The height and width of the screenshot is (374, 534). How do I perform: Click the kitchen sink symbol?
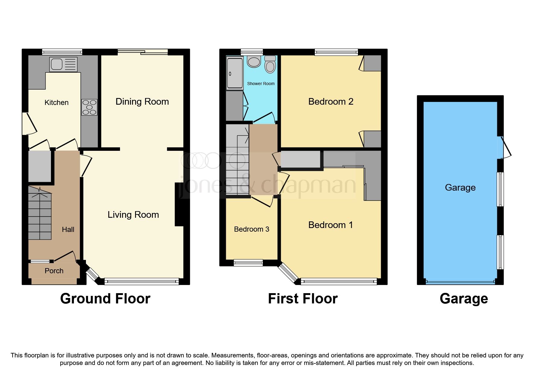[x=63, y=64]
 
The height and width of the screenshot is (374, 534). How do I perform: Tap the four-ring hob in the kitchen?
[x=89, y=107]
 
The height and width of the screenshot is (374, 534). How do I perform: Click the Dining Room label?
[x=142, y=102]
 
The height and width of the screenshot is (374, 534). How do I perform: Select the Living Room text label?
[x=133, y=215]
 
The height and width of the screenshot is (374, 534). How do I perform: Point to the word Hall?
[x=68, y=230]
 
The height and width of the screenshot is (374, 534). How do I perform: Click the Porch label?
[x=54, y=271]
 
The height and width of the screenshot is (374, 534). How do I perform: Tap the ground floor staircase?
[x=40, y=213]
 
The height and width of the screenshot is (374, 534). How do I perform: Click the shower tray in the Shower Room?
[x=235, y=74]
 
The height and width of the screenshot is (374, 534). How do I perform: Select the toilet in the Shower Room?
[x=270, y=64]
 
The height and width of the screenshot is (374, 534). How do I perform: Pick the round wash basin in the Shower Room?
[x=254, y=62]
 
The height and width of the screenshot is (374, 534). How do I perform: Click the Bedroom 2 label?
[x=330, y=102]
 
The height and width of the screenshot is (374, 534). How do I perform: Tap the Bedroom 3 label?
[x=251, y=229]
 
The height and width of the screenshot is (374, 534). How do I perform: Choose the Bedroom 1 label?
[x=330, y=225]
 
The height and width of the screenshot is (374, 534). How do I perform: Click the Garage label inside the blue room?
[x=460, y=188]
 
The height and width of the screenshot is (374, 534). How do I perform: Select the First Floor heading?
[x=303, y=299]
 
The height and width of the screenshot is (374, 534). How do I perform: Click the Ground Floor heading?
[x=105, y=299]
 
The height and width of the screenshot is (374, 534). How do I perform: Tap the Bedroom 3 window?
[x=248, y=263]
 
